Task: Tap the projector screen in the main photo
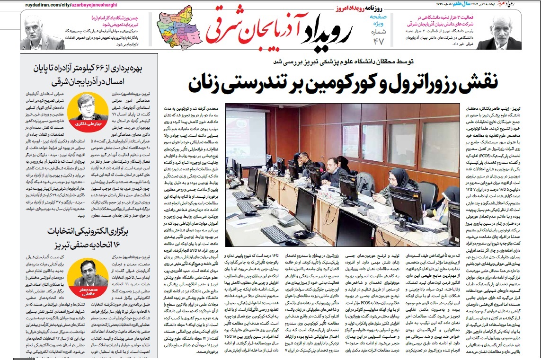(245, 132)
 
